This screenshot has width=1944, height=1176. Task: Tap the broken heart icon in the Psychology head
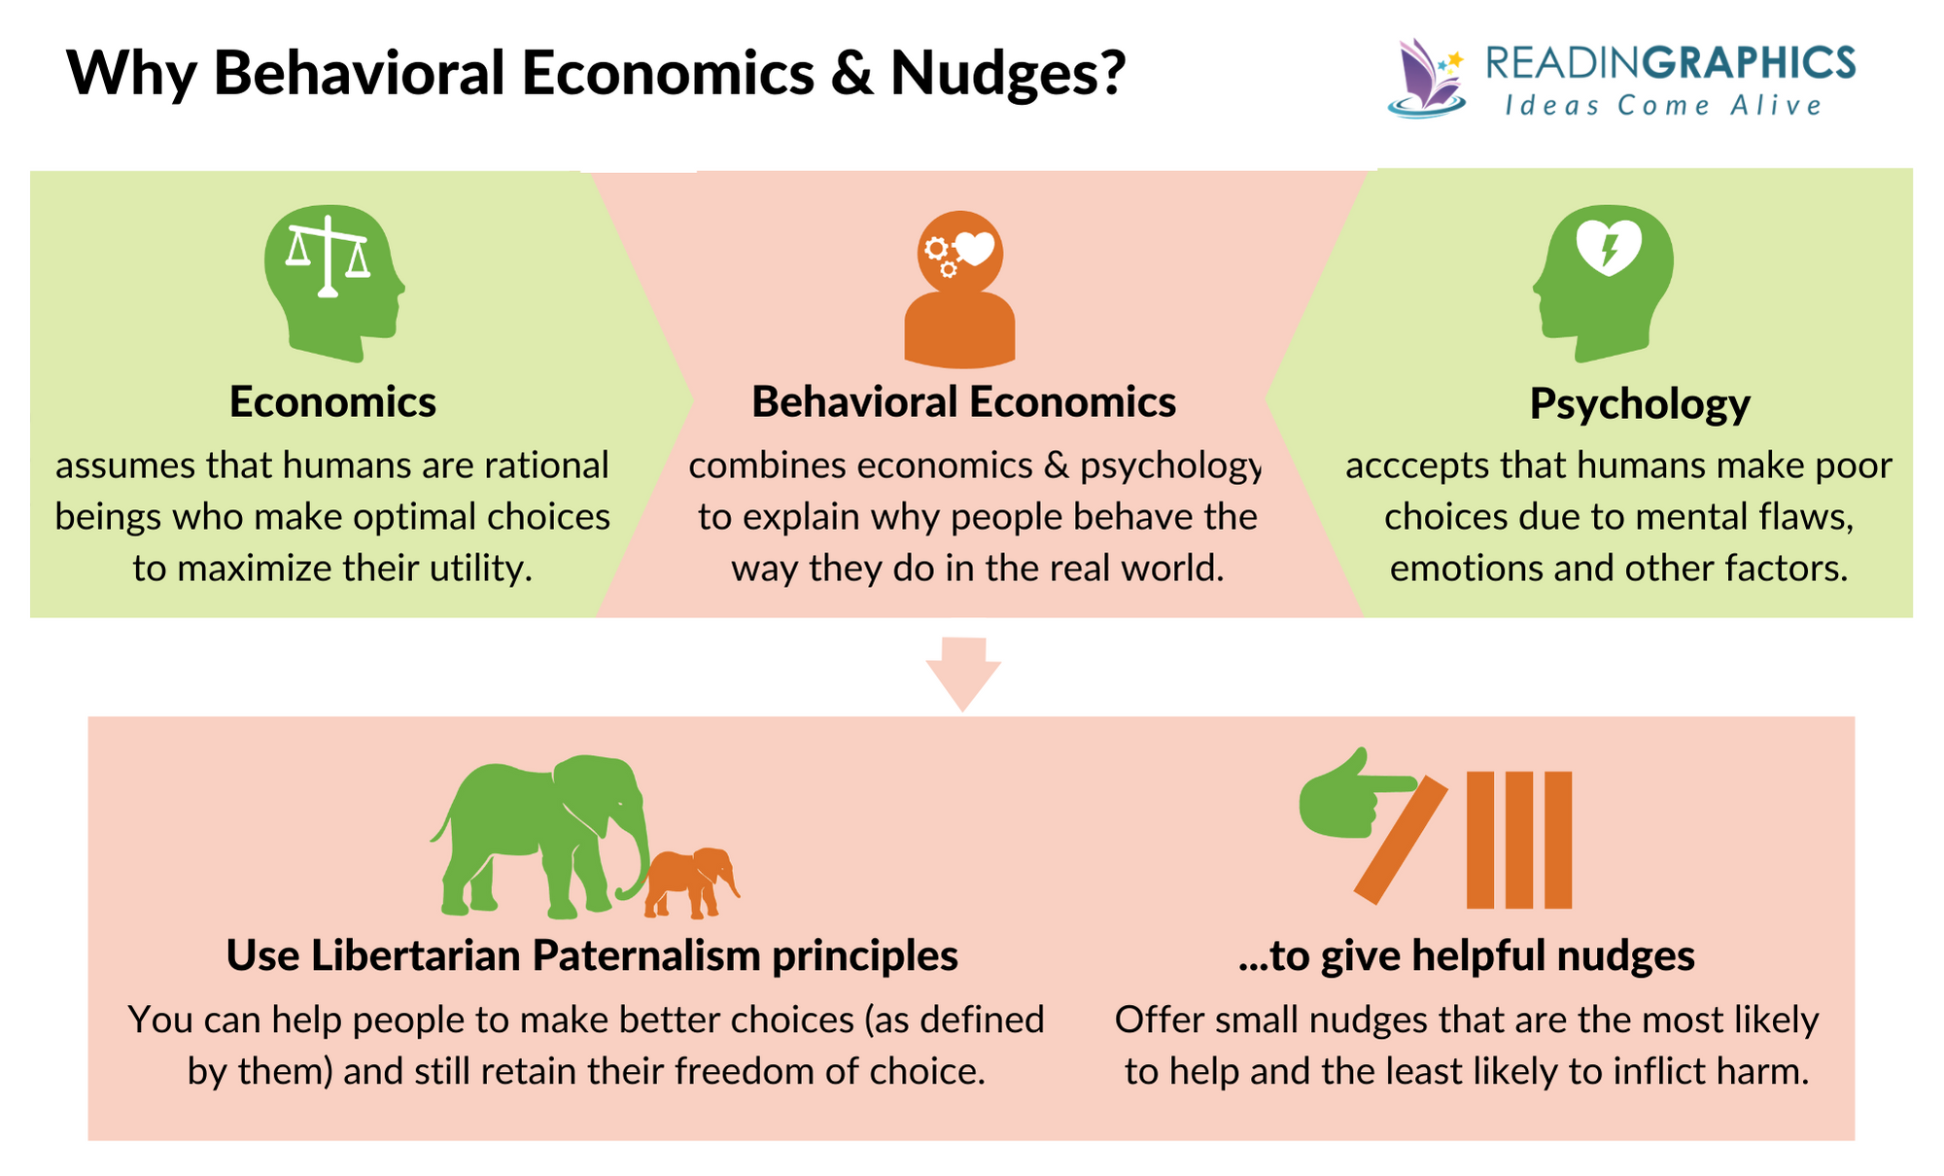(1609, 247)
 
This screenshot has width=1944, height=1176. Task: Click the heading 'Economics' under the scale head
(332, 402)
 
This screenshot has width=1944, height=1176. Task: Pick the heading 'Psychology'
(1640, 404)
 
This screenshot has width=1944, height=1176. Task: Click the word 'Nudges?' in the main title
(1008, 74)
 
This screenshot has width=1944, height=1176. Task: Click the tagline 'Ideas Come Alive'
(1663, 106)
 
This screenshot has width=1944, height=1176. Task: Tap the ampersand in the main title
(852, 74)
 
